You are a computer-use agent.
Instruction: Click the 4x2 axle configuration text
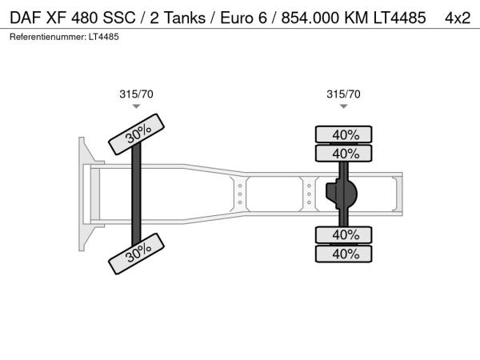tap(458, 18)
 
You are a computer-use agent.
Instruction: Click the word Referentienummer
tap(48, 37)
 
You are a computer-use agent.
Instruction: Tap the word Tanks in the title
tap(186, 18)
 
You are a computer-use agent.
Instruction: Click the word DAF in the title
tap(26, 18)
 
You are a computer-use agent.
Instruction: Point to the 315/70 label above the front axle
tap(136, 94)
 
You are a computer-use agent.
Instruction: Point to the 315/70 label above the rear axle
tap(343, 94)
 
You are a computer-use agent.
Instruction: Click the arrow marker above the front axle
tap(136, 106)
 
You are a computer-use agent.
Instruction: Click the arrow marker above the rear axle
tap(343, 106)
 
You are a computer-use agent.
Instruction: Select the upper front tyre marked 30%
tap(137, 134)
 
